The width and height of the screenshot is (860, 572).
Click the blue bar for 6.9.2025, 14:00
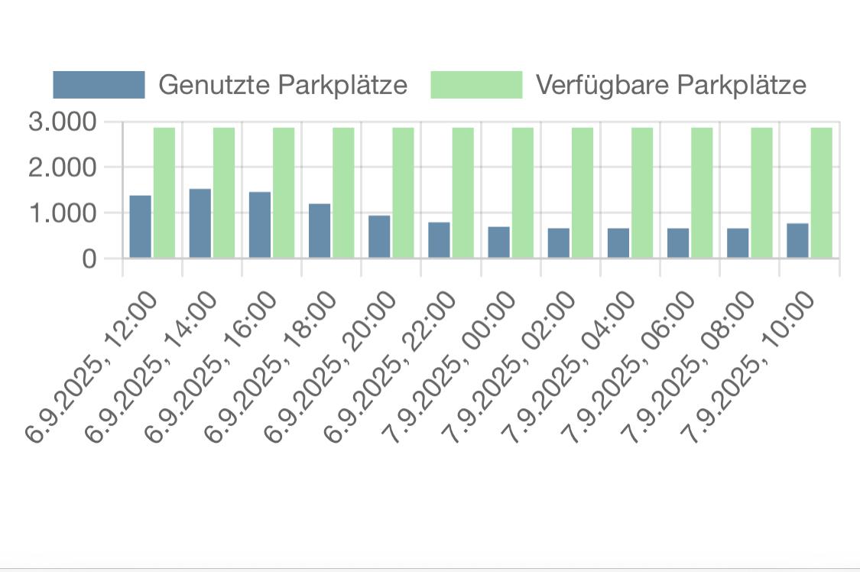pyautogui.click(x=200, y=223)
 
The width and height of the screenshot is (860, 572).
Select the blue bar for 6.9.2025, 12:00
pyautogui.click(x=140, y=227)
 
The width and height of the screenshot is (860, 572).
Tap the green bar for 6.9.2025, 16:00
pyautogui.click(x=284, y=193)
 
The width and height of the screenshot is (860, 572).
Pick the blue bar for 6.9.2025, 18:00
pyautogui.click(x=320, y=231)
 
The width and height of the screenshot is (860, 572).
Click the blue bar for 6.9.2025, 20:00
pyautogui.click(x=379, y=237)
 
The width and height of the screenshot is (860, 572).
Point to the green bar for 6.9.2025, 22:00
pyautogui.click(x=462, y=193)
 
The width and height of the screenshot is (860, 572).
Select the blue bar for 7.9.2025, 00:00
pyautogui.click(x=498, y=242)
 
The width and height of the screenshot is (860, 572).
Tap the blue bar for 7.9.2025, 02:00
pyautogui.click(x=558, y=243)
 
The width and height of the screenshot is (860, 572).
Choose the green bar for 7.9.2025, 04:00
pyautogui.click(x=642, y=193)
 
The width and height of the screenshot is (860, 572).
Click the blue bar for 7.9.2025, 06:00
pyautogui.click(x=678, y=243)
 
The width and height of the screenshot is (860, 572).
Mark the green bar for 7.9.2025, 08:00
pyautogui.click(x=761, y=193)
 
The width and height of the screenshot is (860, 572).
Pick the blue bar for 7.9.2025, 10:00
pyautogui.click(x=797, y=241)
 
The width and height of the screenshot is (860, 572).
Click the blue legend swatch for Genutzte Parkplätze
pyautogui.click(x=99, y=85)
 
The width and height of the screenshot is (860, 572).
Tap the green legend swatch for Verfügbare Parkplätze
pyautogui.click(x=476, y=85)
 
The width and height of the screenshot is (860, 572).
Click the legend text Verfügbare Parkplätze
pyautogui.click(x=670, y=85)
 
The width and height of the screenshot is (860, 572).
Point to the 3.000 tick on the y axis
pyautogui.click(x=63, y=122)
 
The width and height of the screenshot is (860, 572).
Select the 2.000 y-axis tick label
pyautogui.click(x=63, y=167)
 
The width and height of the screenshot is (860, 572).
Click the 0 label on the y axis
pyautogui.click(x=89, y=259)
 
